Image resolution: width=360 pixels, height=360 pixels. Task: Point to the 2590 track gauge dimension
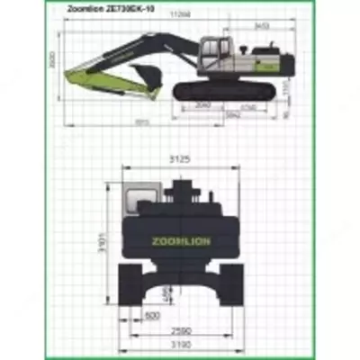182,330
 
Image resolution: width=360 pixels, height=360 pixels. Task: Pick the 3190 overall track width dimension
182,344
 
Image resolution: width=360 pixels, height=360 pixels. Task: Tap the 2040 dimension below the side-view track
202,106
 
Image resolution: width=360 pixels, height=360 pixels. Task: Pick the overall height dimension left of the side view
53,61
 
